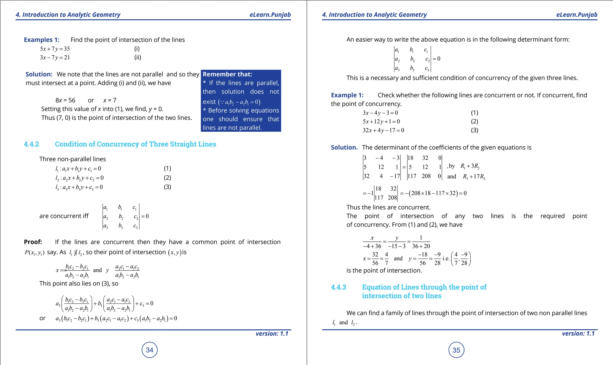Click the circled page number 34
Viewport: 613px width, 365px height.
point(149,350)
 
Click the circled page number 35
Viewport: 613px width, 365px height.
point(456,350)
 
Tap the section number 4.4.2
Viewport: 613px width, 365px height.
point(31,144)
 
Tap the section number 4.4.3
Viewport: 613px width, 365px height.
point(338,287)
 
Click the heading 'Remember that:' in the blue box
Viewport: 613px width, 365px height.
point(227,74)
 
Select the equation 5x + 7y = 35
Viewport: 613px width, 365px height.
point(55,49)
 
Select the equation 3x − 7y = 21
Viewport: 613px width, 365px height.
point(55,58)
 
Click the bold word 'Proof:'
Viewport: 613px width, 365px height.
point(33,242)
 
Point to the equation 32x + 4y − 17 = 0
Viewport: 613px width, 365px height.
point(383,130)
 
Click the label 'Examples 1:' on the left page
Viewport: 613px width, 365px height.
point(42,40)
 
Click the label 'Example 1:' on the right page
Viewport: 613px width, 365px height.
point(347,95)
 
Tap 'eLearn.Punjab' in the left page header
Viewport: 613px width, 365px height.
point(270,15)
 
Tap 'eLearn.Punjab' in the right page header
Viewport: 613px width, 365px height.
point(576,15)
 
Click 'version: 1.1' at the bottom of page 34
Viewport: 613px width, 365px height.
point(272,334)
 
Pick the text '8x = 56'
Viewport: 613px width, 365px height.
point(65,100)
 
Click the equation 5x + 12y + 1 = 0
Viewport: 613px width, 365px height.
point(381,122)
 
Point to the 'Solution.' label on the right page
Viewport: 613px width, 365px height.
point(344,148)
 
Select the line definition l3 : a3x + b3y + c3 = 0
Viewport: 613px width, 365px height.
point(79,187)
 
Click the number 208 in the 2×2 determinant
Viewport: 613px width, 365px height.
point(392,198)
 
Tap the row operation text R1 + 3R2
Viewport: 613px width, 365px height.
point(470,166)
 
